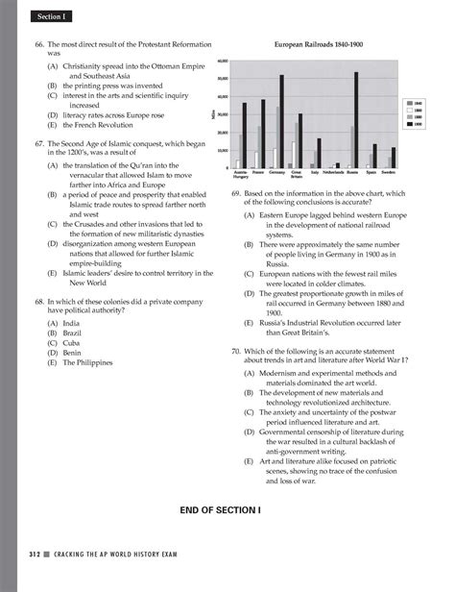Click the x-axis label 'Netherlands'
[339, 173]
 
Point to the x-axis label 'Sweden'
[388, 173]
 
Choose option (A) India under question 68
[60, 324]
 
